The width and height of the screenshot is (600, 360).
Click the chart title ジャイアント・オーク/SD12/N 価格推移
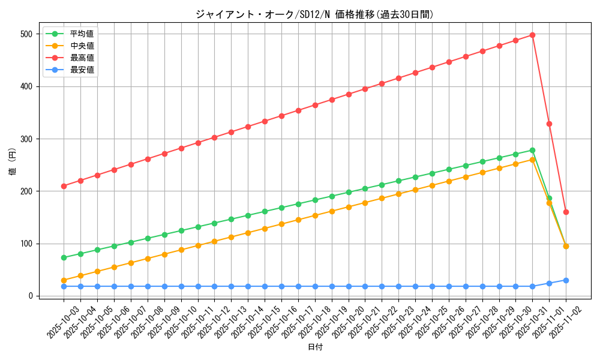coord(314,14)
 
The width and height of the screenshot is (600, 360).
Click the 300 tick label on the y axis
coord(25,139)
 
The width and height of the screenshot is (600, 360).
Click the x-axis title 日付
coord(315,347)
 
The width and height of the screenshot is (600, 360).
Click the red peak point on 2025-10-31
coord(532,35)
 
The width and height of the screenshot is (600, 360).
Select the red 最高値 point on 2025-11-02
coord(566,212)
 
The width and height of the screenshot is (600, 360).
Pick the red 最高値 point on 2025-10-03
coord(64,186)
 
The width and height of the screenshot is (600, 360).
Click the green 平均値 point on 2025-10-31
coord(532,150)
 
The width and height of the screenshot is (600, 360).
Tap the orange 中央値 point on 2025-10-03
coord(64,280)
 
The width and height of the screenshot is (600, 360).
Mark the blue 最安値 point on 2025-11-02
coord(566,280)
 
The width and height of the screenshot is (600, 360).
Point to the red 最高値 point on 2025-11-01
coord(549,124)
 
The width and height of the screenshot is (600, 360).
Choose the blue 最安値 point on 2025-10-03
coord(64,286)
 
